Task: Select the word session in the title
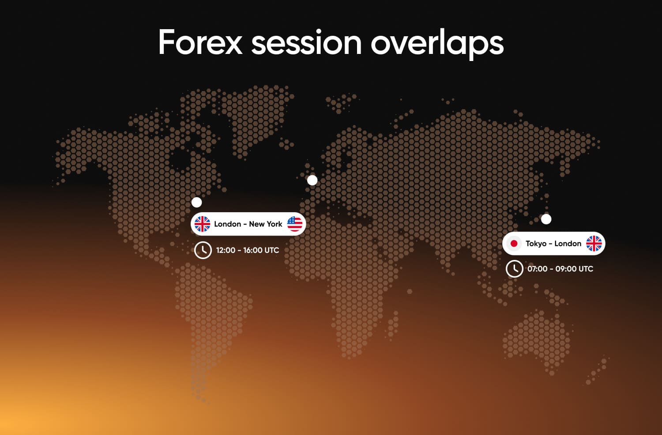306,42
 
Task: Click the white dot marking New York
197,202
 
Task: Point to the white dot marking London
312,180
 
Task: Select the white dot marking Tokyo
546,219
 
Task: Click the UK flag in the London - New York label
203,224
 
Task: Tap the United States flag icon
295,224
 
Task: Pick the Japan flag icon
514,244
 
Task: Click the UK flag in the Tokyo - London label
594,244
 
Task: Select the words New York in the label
265,224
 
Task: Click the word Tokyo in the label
536,244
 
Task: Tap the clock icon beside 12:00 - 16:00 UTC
203,250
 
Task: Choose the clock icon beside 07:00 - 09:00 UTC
515,269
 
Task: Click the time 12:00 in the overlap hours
226,250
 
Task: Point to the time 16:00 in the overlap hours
253,250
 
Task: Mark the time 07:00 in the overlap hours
537,269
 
